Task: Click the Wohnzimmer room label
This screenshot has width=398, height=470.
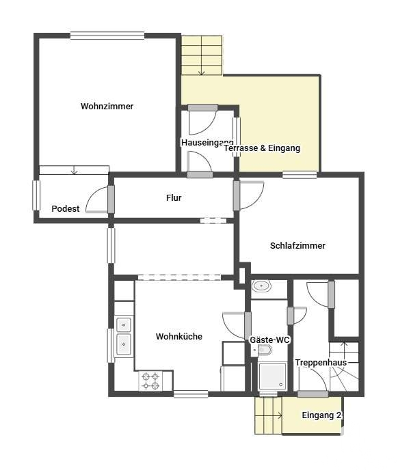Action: point(107,106)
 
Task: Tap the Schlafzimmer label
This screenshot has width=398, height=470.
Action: point(297,245)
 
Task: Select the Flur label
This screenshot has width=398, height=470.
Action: point(174,198)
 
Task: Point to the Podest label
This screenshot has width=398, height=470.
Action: point(66,208)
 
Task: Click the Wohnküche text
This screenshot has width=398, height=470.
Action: point(179,336)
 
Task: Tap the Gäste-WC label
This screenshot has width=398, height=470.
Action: point(269,340)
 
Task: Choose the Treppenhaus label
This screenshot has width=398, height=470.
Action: point(321,363)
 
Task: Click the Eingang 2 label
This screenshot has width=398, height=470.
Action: point(321,415)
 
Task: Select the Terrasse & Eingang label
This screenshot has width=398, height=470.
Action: point(262,148)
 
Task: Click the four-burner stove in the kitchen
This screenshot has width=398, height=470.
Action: point(150,381)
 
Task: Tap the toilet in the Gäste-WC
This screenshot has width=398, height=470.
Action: point(264,350)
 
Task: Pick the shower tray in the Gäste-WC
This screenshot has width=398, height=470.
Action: point(273,376)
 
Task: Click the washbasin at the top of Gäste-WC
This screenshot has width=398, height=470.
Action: point(261,286)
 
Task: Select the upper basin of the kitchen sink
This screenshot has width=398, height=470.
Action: point(124,324)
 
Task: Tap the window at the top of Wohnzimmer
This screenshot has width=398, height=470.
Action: point(107,36)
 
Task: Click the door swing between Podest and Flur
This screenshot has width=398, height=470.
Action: point(96,199)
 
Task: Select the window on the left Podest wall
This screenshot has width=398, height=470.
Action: point(36,195)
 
